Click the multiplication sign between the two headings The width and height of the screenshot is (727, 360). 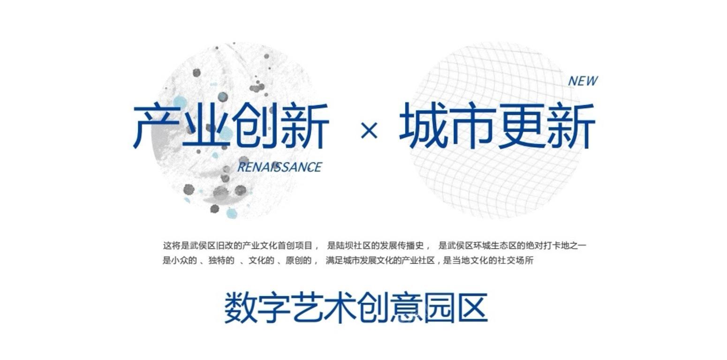click(x=369, y=130)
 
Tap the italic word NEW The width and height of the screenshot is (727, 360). click(x=583, y=81)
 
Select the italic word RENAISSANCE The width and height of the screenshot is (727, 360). click(x=280, y=167)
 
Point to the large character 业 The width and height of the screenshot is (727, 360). click(x=207, y=126)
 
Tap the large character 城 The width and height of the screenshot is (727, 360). click(x=423, y=126)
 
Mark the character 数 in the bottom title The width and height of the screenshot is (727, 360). click(x=241, y=307)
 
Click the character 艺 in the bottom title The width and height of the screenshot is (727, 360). click(x=307, y=307)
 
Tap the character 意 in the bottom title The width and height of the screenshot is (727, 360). click(x=406, y=307)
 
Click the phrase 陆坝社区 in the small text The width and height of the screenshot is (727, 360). click(x=353, y=246)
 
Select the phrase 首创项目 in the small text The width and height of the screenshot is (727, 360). click(x=295, y=246)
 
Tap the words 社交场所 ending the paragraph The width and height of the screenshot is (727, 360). click(x=516, y=261)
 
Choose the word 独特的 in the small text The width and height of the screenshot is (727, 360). click(x=221, y=261)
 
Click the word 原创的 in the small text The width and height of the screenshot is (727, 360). click(x=299, y=261)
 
